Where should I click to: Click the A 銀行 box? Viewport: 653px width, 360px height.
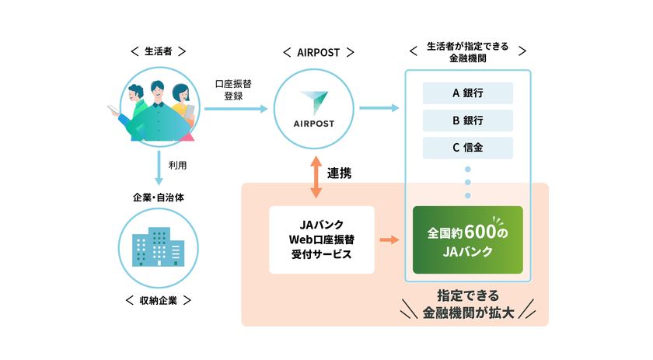467,93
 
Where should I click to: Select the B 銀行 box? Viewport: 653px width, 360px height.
467,121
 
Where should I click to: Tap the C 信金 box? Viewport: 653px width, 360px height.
467,148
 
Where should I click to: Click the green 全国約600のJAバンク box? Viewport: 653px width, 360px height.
467,240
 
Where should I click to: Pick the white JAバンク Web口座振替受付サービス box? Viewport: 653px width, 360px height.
321,239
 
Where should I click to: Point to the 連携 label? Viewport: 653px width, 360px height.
340,173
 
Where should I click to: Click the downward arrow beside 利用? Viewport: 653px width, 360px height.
159,167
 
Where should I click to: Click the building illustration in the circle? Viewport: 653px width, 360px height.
159,246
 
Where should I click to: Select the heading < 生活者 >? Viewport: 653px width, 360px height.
159,52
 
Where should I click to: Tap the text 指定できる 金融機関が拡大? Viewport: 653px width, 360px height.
467,304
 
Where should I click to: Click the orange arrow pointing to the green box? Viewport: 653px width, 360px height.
389,239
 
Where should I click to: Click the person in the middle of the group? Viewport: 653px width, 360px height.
158,109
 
